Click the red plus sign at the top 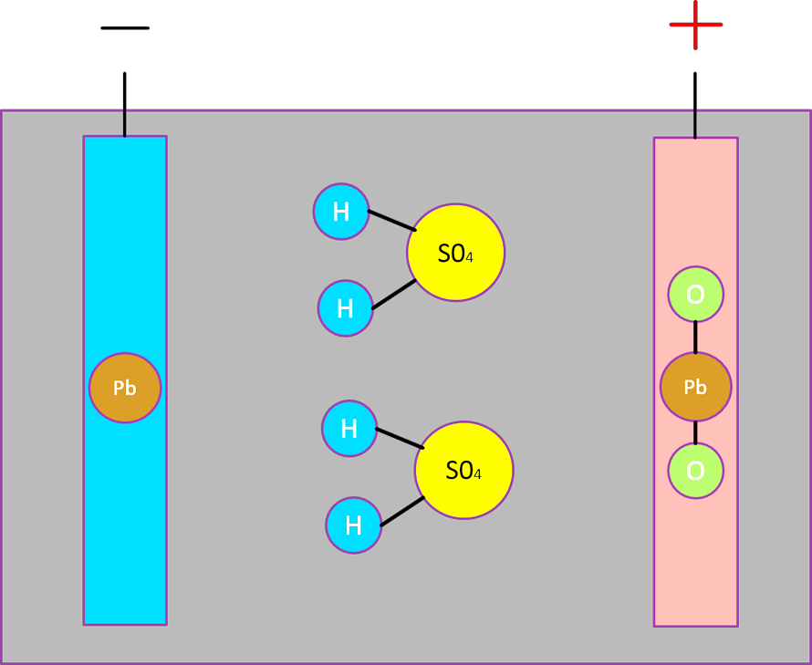click(695, 25)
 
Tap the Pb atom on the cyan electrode click(125, 388)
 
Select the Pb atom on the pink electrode click(695, 387)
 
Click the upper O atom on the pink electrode click(695, 295)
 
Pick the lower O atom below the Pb click(695, 471)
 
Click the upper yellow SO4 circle click(455, 253)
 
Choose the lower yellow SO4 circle click(463, 470)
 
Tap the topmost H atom click(341, 212)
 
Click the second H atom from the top click(345, 308)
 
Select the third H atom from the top click(349, 428)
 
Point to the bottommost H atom click(353, 525)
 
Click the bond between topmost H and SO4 click(391, 221)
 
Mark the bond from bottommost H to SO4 click(402, 511)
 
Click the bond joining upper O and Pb click(695, 337)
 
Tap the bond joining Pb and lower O click(695, 432)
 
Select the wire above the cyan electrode click(125, 122)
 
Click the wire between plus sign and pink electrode click(695, 91)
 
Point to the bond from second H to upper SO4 click(394, 294)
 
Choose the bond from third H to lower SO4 click(400, 438)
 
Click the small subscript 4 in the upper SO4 click(469, 258)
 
